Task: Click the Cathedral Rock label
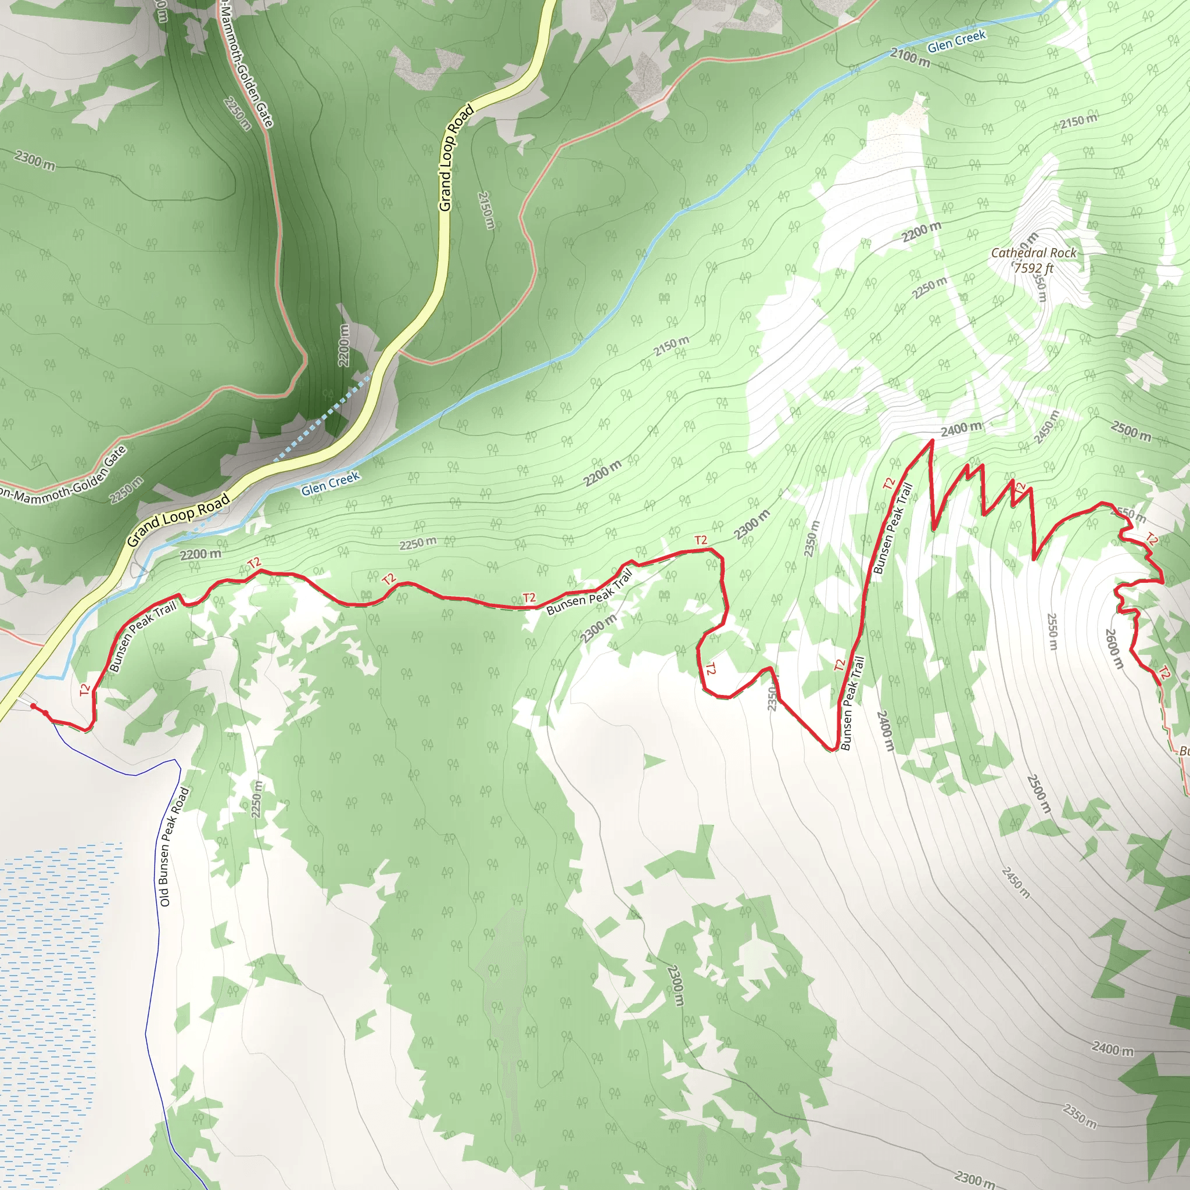point(1033,253)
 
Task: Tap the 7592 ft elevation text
point(1033,268)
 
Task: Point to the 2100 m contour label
point(910,58)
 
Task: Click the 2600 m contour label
point(1114,648)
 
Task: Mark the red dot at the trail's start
point(33,707)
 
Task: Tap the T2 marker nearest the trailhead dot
point(85,690)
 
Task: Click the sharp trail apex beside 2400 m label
point(932,440)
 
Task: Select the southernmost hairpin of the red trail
point(832,749)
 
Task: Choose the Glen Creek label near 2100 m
point(956,41)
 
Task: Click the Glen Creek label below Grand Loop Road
point(330,483)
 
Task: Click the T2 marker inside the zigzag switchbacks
point(1020,489)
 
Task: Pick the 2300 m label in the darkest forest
point(35,161)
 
